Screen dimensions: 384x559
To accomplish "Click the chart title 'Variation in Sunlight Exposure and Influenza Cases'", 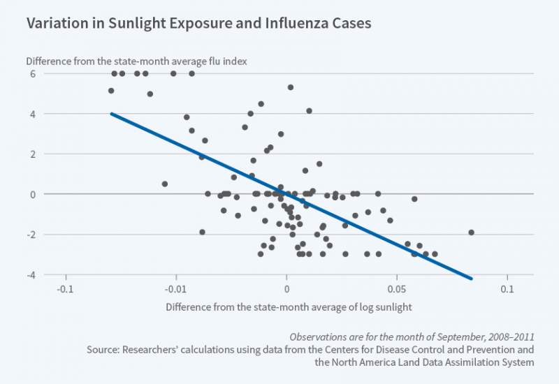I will pyautogui.click(x=198, y=23).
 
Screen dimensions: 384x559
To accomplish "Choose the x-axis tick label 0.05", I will pyautogui.click(x=397, y=288).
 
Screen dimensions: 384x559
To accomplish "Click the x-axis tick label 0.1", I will pyautogui.click(x=507, y=288).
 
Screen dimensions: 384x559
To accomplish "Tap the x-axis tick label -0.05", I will pyautogui.click(x=175, y=288).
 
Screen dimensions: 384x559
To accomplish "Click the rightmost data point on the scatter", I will pyautogui.click(x=472, y=232).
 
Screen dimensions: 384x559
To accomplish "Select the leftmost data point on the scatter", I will pyautogui.click(x=111, y=91).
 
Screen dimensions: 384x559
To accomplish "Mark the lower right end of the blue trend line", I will pyautogui.click(x=472, y=279).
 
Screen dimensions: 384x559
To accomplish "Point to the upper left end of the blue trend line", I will pyautogui.click(x=112, y=114).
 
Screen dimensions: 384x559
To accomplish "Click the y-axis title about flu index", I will pyautogui.click(x=136, y=61).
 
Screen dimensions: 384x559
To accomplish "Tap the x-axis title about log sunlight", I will pyautogui.click(x=289, y=307).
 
